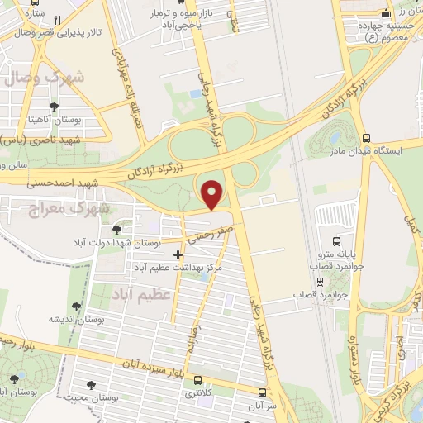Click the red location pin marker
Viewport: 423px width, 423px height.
213,194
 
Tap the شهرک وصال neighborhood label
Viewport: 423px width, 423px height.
55,78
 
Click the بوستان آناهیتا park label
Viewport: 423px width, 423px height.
54,120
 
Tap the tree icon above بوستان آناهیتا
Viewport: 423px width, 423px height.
54,106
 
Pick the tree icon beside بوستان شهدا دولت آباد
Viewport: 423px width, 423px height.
115,226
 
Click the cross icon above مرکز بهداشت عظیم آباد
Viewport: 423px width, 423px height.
178,254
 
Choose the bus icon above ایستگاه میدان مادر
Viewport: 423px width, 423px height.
366,138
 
